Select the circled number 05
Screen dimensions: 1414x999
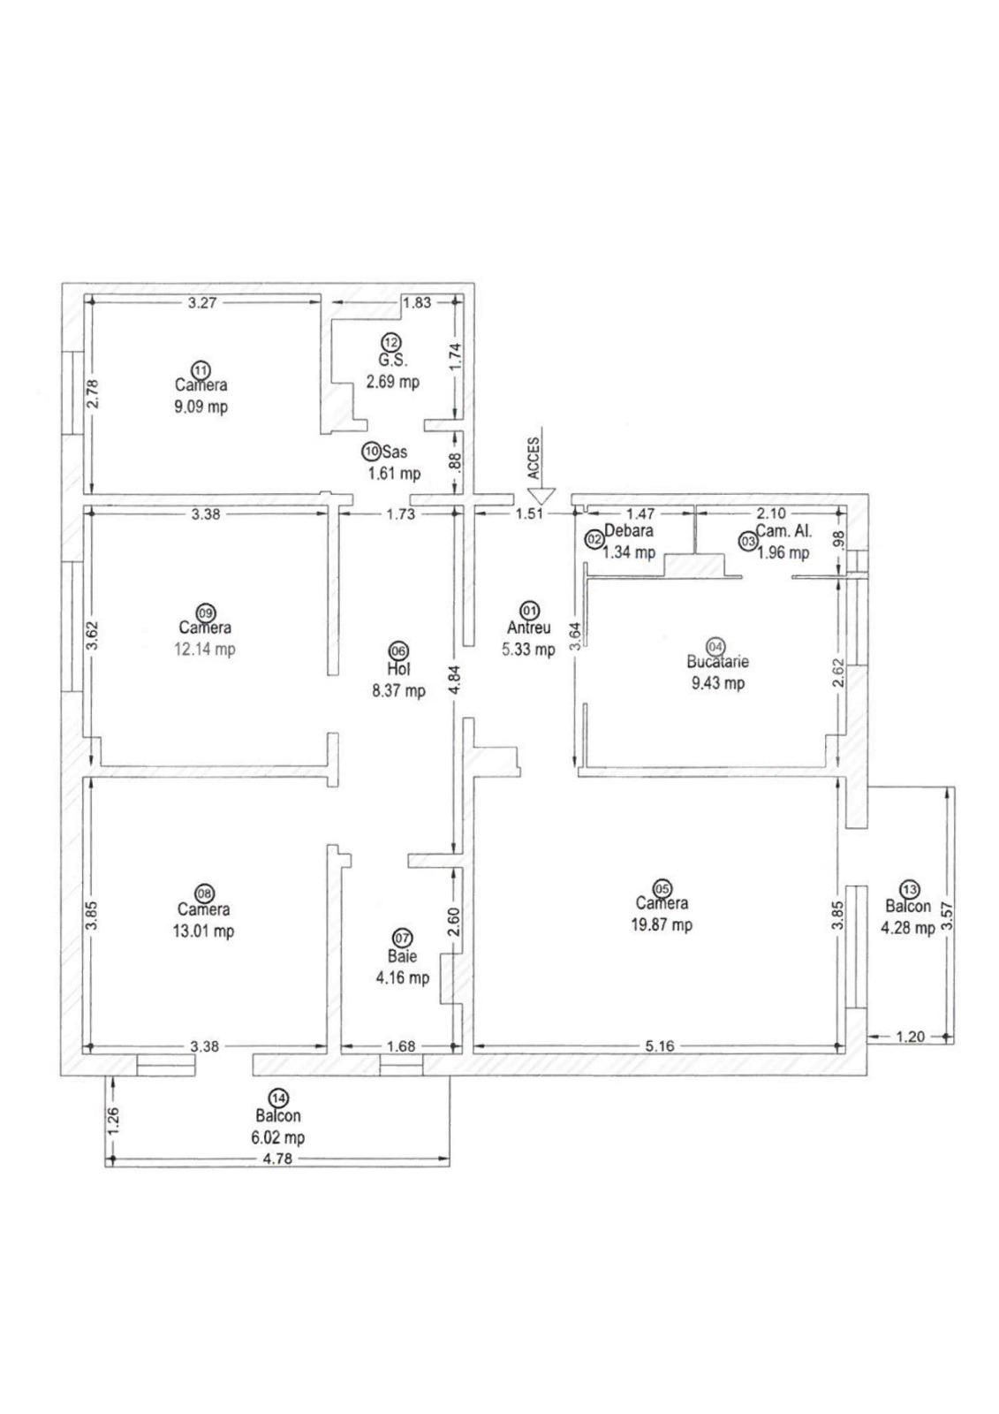click(661, 887)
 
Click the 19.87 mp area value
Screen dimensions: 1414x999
click(663, 925)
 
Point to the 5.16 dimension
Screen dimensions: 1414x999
click(659, 1046)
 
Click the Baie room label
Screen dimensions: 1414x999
click(401, 956)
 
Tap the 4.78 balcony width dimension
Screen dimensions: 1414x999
click(277, 1159)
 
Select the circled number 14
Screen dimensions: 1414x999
click(278, 1099)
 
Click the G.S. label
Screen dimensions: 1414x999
click(390, 361)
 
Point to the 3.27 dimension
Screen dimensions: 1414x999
click(202, 302)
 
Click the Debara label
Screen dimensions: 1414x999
click(629, 531)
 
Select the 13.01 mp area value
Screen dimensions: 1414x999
click(204, 931)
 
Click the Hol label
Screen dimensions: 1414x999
click(398, 670)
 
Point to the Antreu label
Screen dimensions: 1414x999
click(529, 628)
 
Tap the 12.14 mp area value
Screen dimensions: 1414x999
click(206, 650)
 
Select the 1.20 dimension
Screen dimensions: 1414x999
click(910, 1037)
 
